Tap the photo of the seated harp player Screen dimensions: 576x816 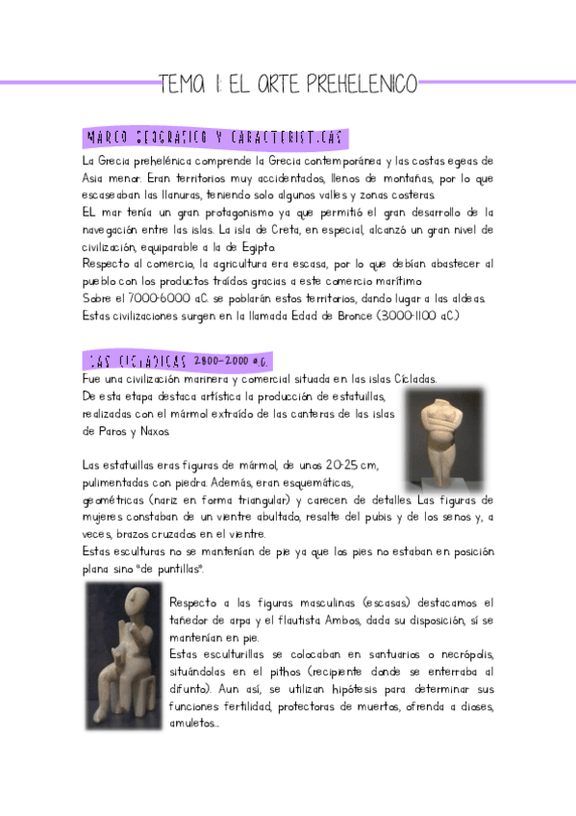pos(123,642)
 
